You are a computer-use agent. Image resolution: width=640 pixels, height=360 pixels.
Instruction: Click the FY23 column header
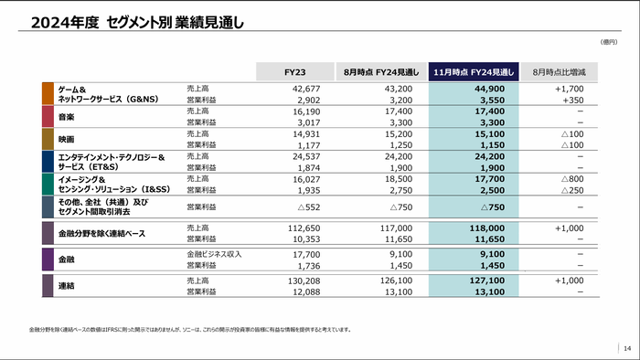(x=294, y=71)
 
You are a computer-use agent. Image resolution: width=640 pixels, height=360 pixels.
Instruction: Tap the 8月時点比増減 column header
(x=564, y=71)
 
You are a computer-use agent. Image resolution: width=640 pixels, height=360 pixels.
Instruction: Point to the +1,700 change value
(x=569, y=89)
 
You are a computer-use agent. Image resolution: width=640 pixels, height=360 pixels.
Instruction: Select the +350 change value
(x=572, y=100)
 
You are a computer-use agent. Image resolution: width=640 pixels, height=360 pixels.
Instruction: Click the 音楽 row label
(x=68, y=117)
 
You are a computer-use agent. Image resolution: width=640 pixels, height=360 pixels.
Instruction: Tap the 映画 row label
(x=68, y=139)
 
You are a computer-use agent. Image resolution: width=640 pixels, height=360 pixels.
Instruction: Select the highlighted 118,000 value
(x=485, y=228)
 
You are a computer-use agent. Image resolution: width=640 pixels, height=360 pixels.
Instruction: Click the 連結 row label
(x=68, y=286)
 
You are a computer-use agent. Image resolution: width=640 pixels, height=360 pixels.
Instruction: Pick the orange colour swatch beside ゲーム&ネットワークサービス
(x=48, y=93)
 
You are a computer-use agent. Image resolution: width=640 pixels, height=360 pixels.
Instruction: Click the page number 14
(x=626, y=347)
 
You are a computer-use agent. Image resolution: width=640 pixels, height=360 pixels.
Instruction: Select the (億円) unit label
(x=609, y=42)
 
